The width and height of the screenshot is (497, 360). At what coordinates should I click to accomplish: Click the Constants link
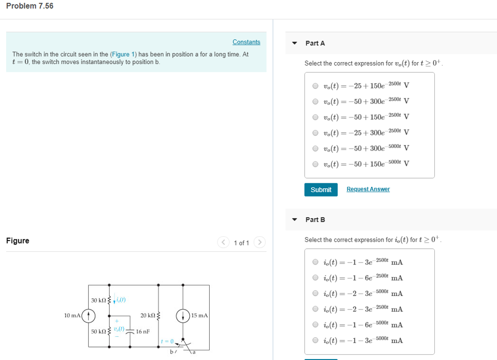pyautogui.click(x=246, y=42)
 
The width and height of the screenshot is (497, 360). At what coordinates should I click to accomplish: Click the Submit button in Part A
pyautogui.click(x=321, y=190)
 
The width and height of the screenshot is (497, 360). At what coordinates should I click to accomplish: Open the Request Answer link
pyautogui.click(x=368, y=189)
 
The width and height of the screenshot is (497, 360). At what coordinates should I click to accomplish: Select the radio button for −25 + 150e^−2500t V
pyautogui.click(x=315, y=86)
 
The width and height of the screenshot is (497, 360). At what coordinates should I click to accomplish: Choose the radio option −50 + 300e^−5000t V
pyautogui.click(x=315, y=148)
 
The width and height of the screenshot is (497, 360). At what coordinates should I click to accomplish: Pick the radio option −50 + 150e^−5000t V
pyautogui.click(x=315, y=164)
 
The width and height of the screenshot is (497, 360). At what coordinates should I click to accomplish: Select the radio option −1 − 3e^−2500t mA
pyautogui.click(x=315, y=262)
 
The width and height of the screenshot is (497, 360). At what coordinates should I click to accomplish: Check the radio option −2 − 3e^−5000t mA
pyautogui.click(x=315, y=294)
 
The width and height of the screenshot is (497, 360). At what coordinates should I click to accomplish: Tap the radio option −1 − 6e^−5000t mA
pyautogui.click(x=315, y=325)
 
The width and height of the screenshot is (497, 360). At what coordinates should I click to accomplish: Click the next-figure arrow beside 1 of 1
pyautogui.click(x=260, y=242)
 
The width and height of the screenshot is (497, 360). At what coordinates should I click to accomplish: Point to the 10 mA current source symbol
pyautogui.click(x=88, y=316)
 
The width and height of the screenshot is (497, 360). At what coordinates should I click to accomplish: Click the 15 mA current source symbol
pyautogui.click(x=183, y=316)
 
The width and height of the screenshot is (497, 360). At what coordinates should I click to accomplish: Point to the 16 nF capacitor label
pyautogui.click(x=143, y=332)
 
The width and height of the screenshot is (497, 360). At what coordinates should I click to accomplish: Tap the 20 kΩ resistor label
pyautogui.click(x=147, y=316)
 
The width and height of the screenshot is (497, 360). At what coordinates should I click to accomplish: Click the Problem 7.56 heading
pyautogui.click(x=30, y=6)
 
